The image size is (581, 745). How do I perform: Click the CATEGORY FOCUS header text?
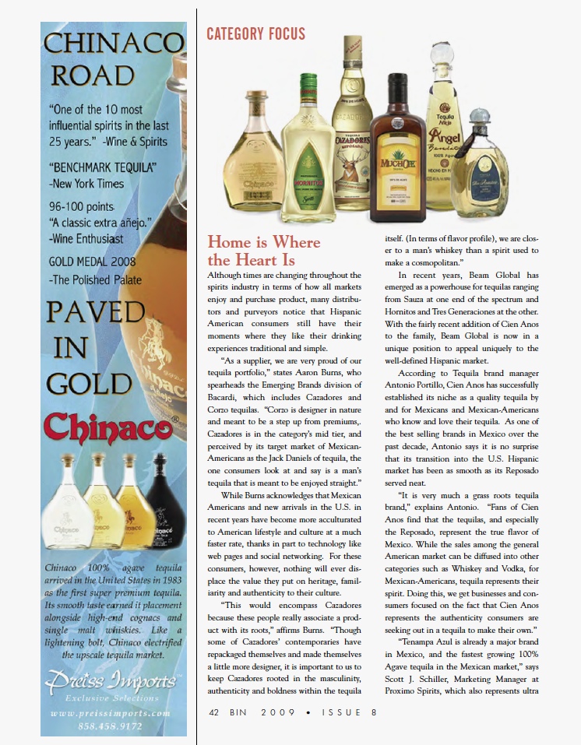click(x=255, y=33)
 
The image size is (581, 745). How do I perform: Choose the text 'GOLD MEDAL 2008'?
click(x=92, y=261)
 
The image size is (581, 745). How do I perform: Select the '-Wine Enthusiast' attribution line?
click(x=86, y=239)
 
